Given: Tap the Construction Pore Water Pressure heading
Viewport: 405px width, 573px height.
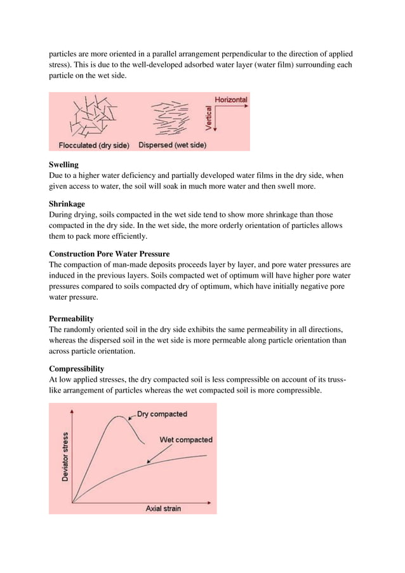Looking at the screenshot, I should (109, 254).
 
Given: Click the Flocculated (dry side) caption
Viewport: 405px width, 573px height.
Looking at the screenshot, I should (94, 145).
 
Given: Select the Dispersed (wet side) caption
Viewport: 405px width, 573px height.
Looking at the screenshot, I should (172, 145).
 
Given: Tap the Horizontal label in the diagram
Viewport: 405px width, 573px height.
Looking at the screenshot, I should (231, 100).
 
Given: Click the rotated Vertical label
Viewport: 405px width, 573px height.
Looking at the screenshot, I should (209, 118).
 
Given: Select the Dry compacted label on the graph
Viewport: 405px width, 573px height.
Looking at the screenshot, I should (163, 414).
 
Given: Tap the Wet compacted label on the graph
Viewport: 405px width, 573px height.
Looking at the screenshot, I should (185, 440).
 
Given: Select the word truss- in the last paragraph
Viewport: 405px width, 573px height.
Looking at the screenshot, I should (336, 379).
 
